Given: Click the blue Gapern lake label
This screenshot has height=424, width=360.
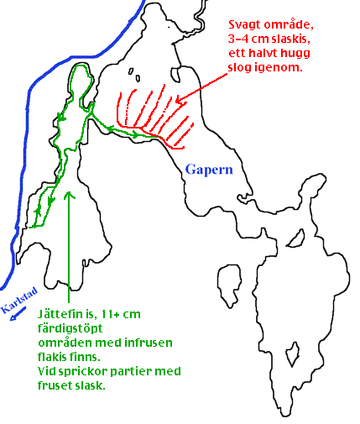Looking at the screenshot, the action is pyautogui.click(x=209, y=170).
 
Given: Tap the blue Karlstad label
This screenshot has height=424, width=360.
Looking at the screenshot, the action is pyautogui.click(x=19, y=300).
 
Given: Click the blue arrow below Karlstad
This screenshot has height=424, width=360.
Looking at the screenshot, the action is pyautogui.click(x=18, y=314).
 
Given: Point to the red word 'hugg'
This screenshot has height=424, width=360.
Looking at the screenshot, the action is pyautogui.click(x=295, y=54).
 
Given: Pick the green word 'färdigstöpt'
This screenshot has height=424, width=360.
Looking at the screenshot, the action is pyautogui.click(x=70, y=329).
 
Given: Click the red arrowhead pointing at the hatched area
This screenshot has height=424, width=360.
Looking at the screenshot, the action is pyautogui.click(x=180, y=102).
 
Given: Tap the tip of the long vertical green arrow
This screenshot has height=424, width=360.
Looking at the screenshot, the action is pyautogui.click(x=69, y=191).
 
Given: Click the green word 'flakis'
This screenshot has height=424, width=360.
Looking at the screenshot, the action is pyautogui.click(x=52, y=357).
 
